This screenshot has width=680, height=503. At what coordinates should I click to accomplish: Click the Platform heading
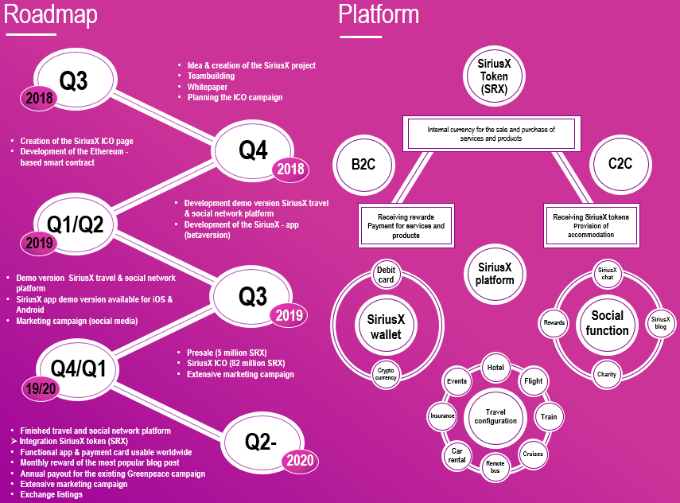click(379, 14)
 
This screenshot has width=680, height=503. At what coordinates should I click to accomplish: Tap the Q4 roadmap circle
click(254, 150)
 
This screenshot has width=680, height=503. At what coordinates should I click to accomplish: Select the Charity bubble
click(607, 374)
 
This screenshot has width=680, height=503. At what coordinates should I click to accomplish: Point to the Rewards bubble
click(554, 322)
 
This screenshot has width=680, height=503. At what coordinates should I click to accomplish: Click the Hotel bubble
click(495, 368)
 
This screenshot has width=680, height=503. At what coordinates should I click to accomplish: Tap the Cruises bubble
click(533, 454)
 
